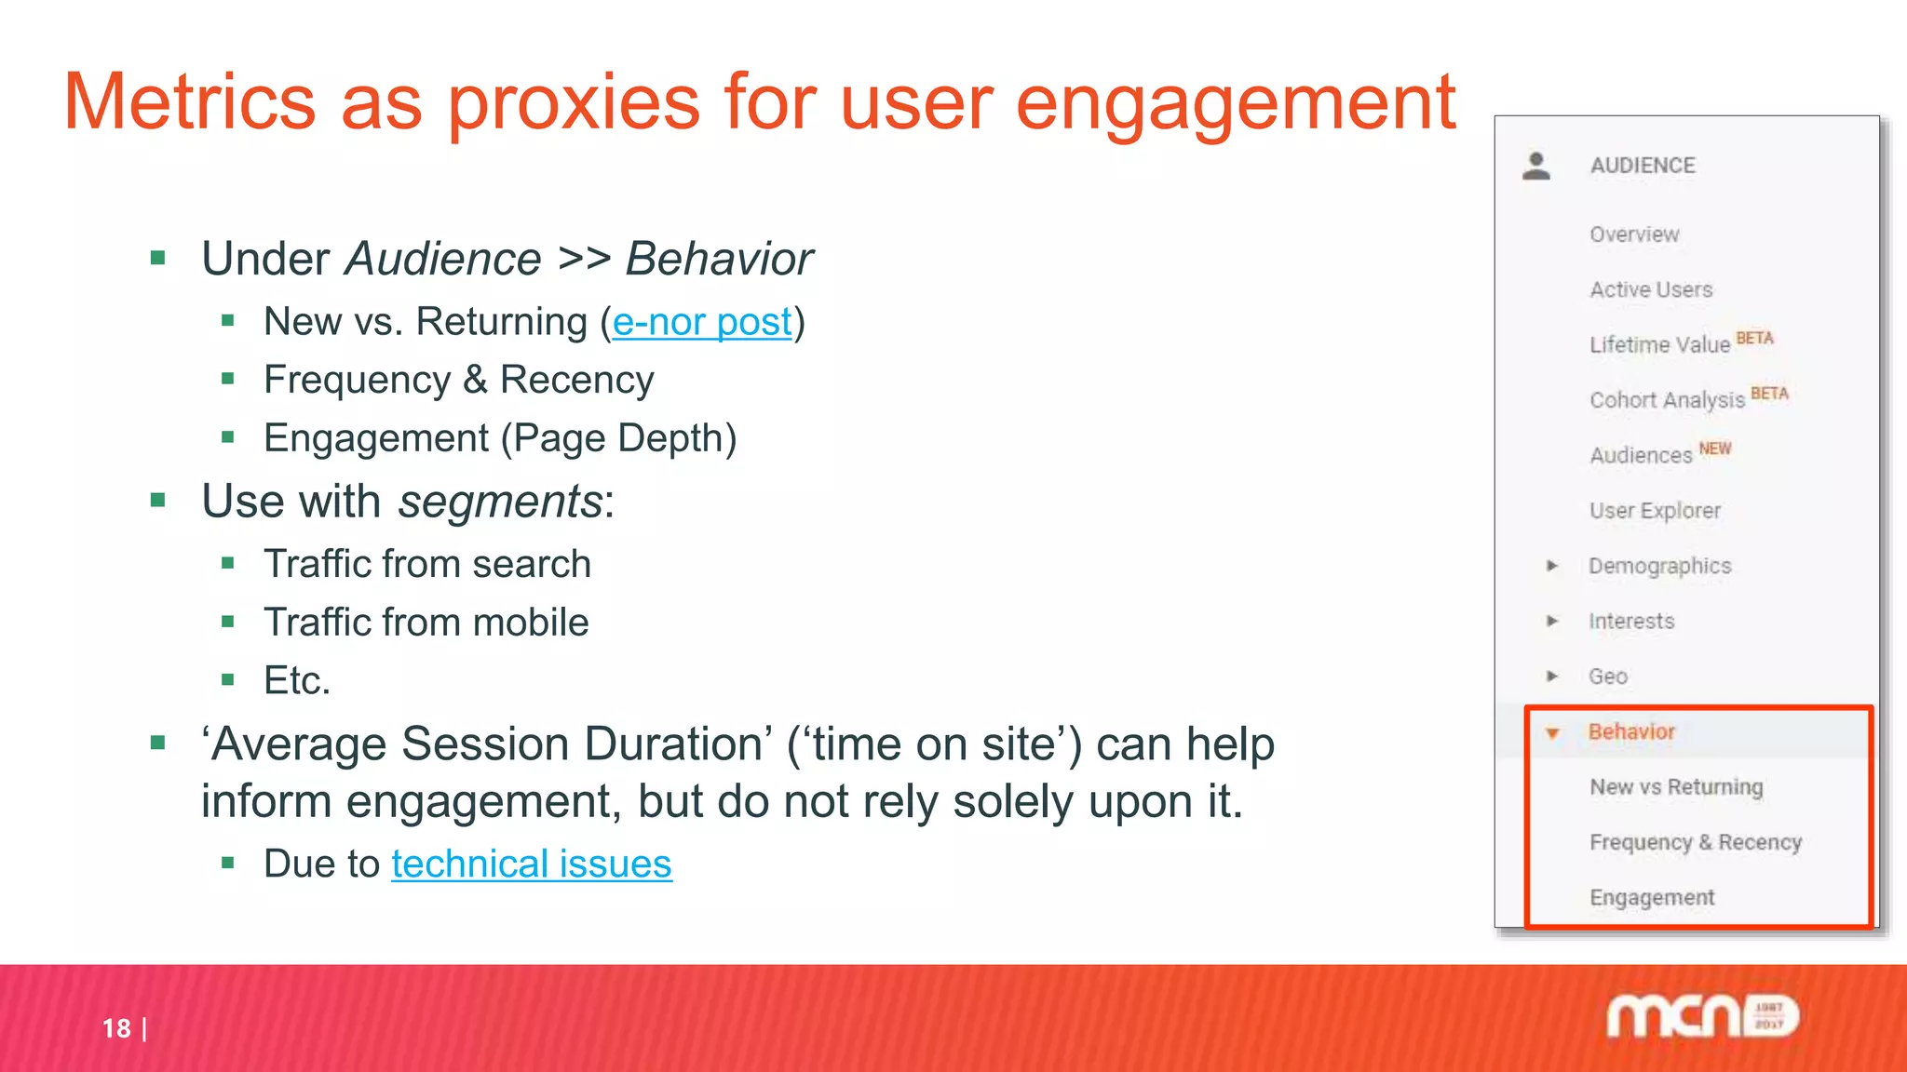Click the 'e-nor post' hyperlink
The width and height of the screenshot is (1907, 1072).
coord(702,323)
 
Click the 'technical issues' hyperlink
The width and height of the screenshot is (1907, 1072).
coord(531,864)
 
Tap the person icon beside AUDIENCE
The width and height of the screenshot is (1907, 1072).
coord(1536,167)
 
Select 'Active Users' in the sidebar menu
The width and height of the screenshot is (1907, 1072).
coord(1651,289)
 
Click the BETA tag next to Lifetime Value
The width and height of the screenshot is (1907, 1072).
coord(1754,339)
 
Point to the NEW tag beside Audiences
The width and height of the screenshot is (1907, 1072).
coord(1714,449)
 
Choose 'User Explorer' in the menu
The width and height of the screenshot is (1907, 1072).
coord(1655,511)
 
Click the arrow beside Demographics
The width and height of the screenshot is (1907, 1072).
coord(1551,566)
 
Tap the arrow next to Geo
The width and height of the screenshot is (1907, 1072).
coord(1551,677)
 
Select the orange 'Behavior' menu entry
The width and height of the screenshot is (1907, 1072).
coord(1631,732)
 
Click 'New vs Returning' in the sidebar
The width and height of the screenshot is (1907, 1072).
coord(1676,787)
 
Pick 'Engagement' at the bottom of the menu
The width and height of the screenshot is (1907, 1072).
coord(1652,898)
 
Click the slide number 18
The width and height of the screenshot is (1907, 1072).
coord(116,1028)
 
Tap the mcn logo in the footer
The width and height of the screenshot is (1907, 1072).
coord(1702,1016)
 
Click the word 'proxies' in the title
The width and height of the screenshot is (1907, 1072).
coord(574,104)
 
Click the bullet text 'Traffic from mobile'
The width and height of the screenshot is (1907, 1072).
coord(426,623)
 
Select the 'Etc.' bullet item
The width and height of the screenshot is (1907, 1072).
coord(297,681)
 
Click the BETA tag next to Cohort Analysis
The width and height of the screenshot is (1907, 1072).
coord(1769,394)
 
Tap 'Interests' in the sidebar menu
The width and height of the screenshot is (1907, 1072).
coord(1631,622)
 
